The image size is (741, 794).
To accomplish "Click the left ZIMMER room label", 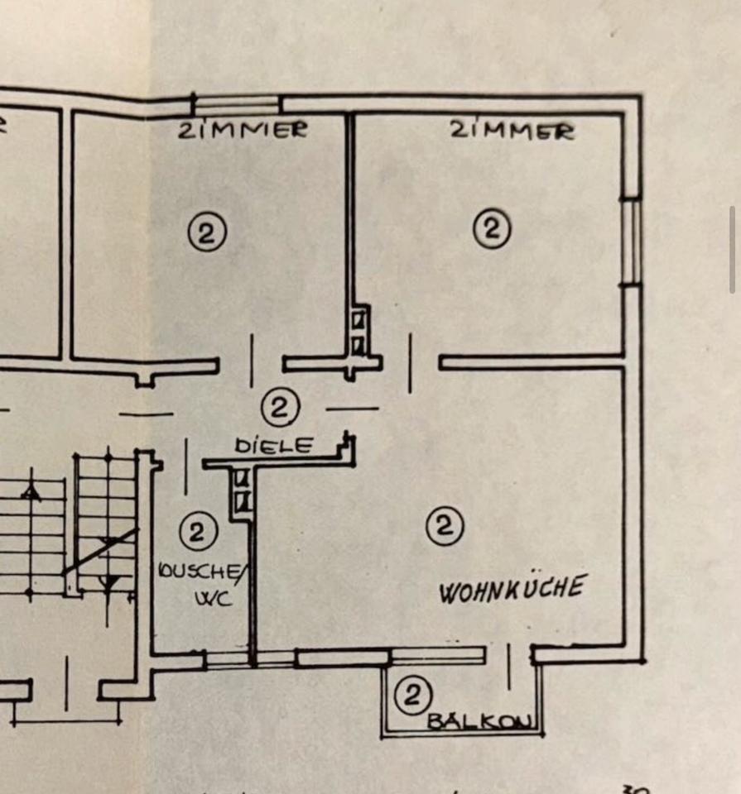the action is click(x=243, y=129).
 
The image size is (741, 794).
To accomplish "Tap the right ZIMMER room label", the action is click(x=512, y=130).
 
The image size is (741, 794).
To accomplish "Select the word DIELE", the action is click(x=274, y=446).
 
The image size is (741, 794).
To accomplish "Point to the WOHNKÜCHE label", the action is click(x=512, y=589).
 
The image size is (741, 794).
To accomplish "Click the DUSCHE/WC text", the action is click(x=201, y=583).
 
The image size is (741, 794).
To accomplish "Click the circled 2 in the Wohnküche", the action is click(x=445, y=525).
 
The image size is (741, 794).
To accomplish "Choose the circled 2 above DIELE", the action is click(x=280, y=407).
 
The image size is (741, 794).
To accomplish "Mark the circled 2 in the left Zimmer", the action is click(x=206, y=233).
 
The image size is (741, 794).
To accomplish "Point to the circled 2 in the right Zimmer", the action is click(x=492, y=227).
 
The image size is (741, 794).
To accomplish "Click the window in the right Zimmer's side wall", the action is click(x=632, y=242).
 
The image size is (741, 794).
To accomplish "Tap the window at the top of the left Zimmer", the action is click(x=237, y=105).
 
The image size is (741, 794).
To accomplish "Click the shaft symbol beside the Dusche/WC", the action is click(x=241, y=490).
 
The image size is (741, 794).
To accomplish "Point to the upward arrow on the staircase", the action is click(x=31, y=494).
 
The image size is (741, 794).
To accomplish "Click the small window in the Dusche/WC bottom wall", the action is click(x=226, y=659).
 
